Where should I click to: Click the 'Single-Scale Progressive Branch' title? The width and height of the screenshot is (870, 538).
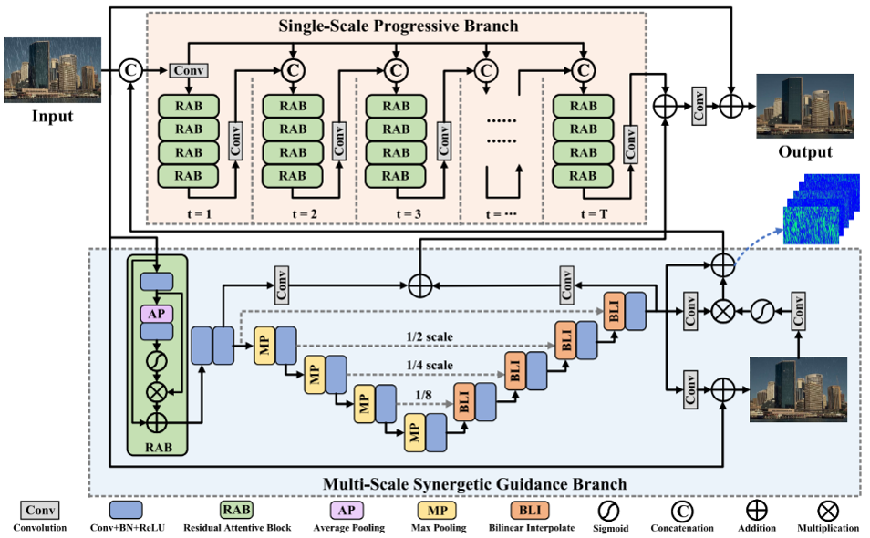398,26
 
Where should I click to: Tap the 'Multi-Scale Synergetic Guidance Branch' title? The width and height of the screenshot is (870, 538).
474,482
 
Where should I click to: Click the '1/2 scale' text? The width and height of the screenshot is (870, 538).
430,336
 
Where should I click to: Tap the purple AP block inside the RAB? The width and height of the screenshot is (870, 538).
156,313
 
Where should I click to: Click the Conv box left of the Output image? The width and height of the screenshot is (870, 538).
698,106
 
